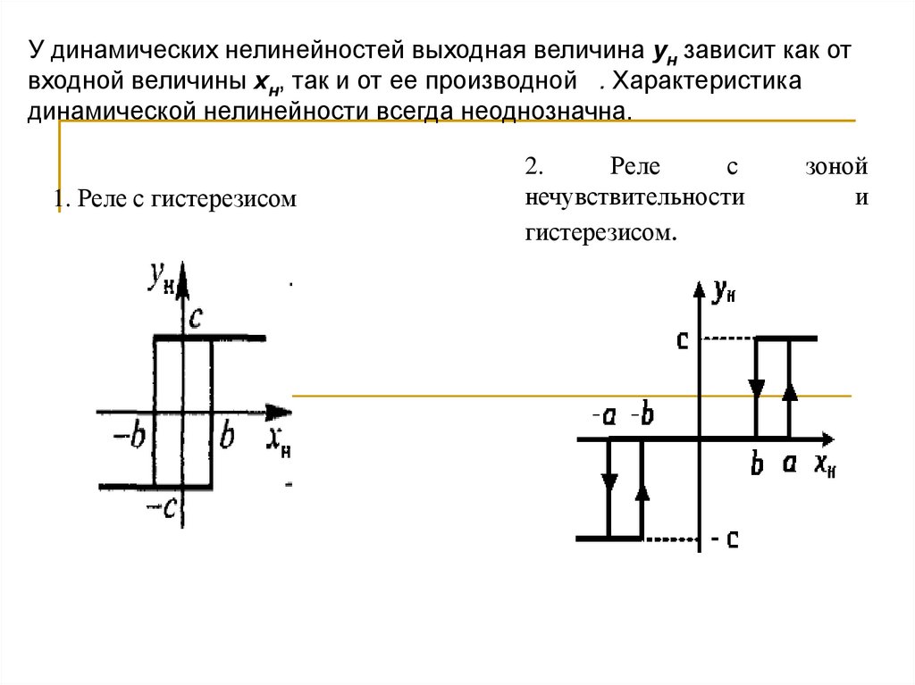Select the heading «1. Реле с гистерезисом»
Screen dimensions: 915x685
(x=174, y=198)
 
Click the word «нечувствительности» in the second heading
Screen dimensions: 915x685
(x=635, y=197)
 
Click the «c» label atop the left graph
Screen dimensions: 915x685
(x=197, y=317)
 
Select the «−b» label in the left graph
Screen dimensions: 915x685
(x=130, y=438)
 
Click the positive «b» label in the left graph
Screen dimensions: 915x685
(x=227, y=438)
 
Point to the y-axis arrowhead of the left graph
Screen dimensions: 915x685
(x=182, y=273)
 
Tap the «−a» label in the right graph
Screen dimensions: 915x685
(x=605, y=417)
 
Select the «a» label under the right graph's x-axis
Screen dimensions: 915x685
(x=788, y=464)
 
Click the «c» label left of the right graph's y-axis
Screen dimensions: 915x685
(x=683, y=339)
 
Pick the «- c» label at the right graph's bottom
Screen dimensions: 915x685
(x=727, y=539)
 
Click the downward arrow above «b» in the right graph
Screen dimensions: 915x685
(x=757, y=388)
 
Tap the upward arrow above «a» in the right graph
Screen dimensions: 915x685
(x=789, y=392)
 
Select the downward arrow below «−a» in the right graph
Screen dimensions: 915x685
(x=609, y=481)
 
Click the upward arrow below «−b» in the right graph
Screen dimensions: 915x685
(x=641, y=492)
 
